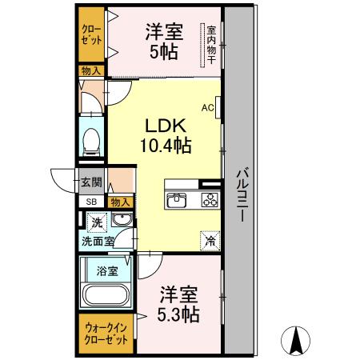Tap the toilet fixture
(x=91, y=142)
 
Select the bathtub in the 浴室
(x=106, y=296)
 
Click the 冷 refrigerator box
(x=210, y=238)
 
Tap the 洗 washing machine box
(x=96, y=221)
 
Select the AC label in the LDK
(x=207, y=106)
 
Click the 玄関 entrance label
(x=90, y=182)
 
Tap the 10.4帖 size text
(x=166, y=146)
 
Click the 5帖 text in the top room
(x=165, y=54)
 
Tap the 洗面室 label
(x=96, y=240)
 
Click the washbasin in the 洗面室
(x=122, y=220)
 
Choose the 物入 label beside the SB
(x=120, y=202)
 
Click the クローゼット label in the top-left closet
(x=91, y=34)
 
